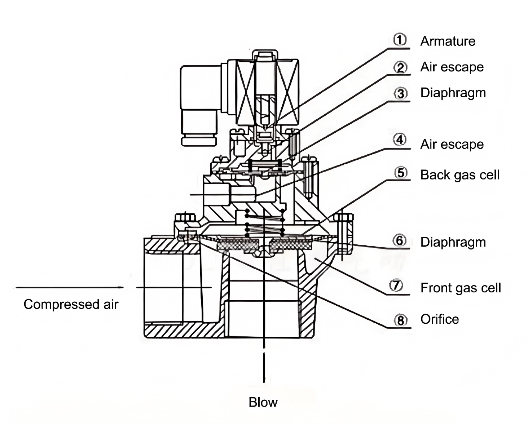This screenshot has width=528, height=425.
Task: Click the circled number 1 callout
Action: [400, 40]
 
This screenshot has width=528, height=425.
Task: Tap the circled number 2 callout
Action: [400, 67]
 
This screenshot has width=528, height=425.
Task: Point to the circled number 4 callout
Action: [400, 140]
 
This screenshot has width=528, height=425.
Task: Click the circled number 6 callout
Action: [399, 240]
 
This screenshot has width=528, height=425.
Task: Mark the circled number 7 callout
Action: [396, 285]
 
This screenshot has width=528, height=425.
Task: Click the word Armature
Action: [448, 41]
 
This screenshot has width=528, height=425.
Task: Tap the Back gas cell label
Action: [460, 175]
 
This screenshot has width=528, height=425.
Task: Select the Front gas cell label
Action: [461, 288]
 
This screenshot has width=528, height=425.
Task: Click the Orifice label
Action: [440, 319]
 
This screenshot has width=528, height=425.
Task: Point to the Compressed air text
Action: [71, 304]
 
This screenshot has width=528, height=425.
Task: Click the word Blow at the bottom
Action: [263, 402]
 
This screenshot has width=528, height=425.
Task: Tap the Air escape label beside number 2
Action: [452, 67]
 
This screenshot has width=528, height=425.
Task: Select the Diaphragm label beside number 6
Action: [453, 242]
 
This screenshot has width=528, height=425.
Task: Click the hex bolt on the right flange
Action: [343, 217]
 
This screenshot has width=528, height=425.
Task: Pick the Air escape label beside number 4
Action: [452, 144]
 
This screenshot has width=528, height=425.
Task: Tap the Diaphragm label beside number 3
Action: [453, 93]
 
